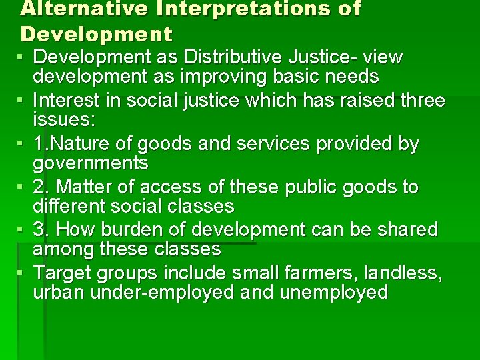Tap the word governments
coord(91,163)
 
